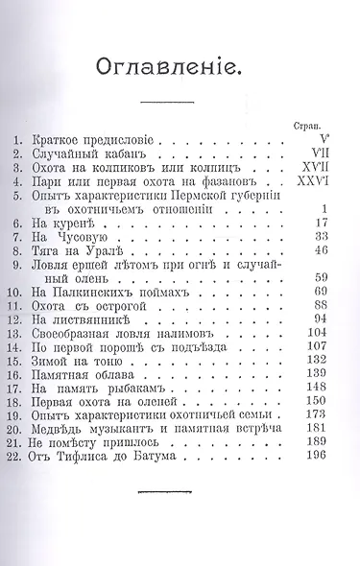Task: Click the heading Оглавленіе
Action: [179, 66]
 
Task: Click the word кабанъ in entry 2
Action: [128, 153]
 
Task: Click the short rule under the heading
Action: [179, 100]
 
